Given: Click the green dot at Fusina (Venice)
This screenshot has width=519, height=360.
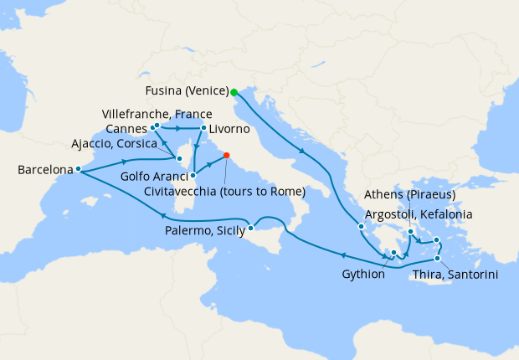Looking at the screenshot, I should click(234, 93).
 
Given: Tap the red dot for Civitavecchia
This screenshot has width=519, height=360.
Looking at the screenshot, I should click(226, 155).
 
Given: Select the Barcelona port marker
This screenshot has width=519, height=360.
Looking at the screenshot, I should click(78, 169).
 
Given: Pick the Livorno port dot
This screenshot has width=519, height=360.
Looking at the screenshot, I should click(203, 128).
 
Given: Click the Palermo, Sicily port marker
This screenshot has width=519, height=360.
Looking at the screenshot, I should click(250, 228).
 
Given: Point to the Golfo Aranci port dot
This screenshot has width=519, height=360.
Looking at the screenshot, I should click(193, 176).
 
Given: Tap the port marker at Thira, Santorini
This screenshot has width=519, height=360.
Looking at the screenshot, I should click(437, 258).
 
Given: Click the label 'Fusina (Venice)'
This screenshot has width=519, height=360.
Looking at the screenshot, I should click(184, 93).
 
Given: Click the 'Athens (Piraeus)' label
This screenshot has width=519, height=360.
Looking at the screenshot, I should click(409, 195).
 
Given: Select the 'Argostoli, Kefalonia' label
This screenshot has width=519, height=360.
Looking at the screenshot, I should click(419, 214).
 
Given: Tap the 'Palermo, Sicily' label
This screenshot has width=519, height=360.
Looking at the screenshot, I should click(201, 229).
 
